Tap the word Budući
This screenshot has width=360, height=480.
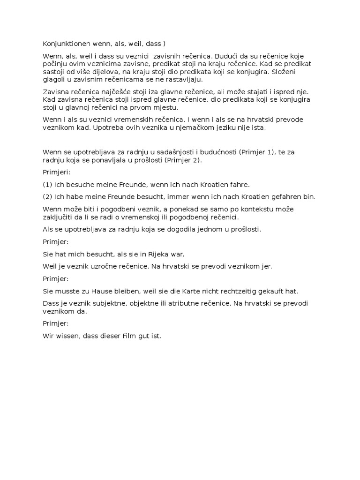[x=226, y=56]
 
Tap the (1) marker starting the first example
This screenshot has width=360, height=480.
[x=47, y=184]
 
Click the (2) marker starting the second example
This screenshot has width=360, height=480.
[x=47, y=196]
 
